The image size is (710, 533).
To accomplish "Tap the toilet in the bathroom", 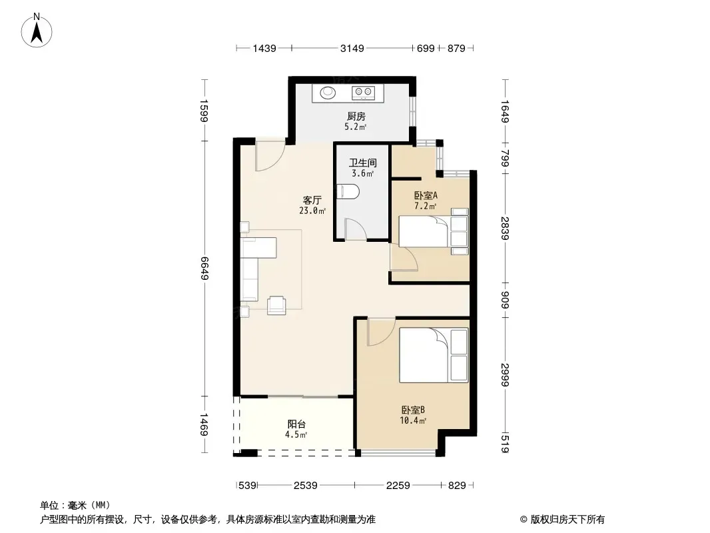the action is tap(348, 192).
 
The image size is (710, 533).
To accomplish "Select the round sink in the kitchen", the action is tap(328, 93).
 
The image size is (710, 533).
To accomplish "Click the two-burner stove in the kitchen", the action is tap(363, 93).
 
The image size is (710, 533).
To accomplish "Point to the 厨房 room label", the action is tap(356, 117).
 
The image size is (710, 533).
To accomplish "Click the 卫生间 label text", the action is tap(363, 163).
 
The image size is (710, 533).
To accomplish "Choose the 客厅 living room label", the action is tap(312, 200).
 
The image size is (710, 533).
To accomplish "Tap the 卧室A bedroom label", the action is tap(426, 196).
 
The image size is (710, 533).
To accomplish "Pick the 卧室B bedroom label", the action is tap(413, 410).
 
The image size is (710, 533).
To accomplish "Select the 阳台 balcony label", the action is tap(296, 424).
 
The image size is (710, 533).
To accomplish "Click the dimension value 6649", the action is tap(204, 268).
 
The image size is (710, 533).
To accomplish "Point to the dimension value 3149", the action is tap(352, 48).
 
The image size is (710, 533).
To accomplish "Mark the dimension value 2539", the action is tap(305, 486).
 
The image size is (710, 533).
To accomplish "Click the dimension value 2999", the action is tap(506, 375).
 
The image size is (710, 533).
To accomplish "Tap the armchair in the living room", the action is tap(276, 305).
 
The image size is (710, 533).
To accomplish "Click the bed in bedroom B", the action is tap(434, 356).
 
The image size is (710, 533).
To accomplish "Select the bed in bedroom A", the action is tap(434, 231).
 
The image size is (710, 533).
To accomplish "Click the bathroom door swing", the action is tap(355, 229).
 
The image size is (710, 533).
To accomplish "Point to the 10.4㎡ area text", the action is tap(413, 420).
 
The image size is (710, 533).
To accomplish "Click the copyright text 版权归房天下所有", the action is tap(567, 520).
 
